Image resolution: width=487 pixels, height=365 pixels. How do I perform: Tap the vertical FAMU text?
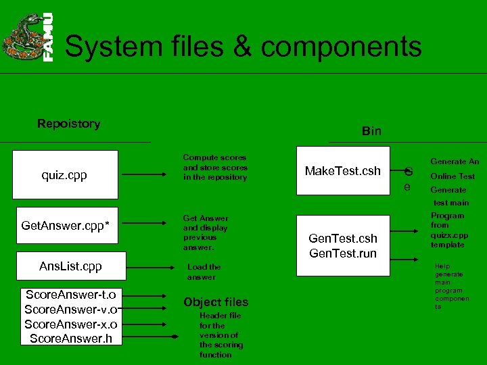click(49, 38)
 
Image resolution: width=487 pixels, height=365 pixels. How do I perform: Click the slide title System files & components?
click(243, 47)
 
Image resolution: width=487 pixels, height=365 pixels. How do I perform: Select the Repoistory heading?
click(68, 124)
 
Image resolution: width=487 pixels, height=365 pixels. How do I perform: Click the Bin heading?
click(371, 131)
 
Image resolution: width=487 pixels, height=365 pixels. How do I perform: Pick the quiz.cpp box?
click(64, 175)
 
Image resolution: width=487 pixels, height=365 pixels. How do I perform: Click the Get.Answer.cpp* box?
click(66, 224)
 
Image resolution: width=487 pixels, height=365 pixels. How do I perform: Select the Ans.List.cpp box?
click(70, 266)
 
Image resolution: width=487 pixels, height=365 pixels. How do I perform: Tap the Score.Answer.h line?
click(70, 339)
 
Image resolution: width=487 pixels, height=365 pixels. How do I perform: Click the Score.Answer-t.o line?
click(70, 295)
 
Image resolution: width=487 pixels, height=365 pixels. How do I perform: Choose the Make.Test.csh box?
click(343, 171)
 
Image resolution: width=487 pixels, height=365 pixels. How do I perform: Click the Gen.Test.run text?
click(343, 253)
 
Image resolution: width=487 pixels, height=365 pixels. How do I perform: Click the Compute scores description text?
click(215, 167)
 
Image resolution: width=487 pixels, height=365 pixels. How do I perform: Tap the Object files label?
click(216, 302)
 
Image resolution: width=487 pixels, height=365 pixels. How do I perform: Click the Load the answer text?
click(204, 272)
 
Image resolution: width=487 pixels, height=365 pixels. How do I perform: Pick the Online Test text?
click(453, 176)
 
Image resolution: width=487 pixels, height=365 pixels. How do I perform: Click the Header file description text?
click(221, 335)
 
